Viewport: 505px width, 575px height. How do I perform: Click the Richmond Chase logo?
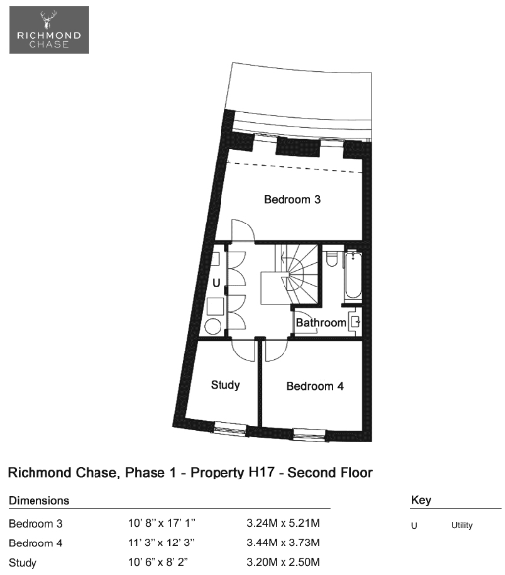pos(49,31)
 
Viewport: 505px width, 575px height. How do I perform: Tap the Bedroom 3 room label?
pos(292,199)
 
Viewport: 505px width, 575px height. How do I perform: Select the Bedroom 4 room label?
pos(315,386)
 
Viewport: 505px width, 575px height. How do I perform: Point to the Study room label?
pos(225,385)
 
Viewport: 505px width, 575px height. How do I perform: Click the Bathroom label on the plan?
pos(321,323)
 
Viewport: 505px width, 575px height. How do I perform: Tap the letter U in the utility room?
pos(216,283)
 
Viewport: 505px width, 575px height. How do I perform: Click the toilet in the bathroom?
pos(332,258)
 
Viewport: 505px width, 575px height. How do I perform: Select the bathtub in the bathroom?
pos(353,275)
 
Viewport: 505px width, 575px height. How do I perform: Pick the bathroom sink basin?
pos(355,322)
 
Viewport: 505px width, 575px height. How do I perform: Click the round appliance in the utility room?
pos(213,326)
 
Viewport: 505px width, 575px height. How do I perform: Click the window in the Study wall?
pos(230,428)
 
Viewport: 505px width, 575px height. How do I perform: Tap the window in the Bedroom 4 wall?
pos(309,434)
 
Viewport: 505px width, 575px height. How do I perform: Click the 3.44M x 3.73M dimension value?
pos(284,543)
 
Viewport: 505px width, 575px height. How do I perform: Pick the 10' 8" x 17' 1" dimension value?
pos(161,523)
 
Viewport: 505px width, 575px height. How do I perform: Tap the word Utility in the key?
pos(462,525)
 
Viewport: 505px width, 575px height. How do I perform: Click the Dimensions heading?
pos(38,500)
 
